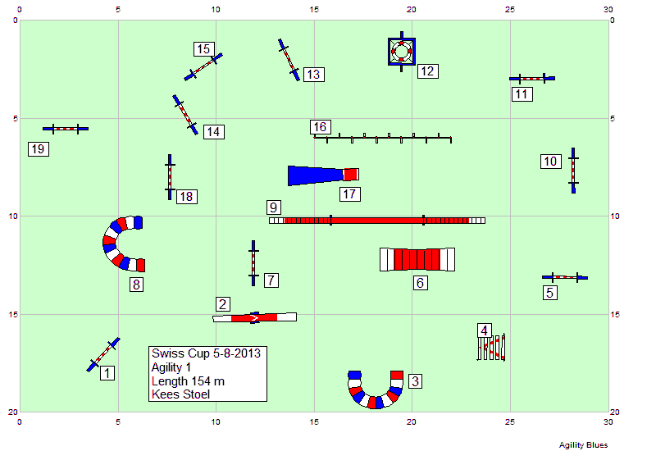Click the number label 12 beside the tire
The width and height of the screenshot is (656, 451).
(x=427, y=71)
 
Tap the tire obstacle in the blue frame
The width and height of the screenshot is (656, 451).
(x=402, y=52)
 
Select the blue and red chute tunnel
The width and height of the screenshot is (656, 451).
(x=323, y=175)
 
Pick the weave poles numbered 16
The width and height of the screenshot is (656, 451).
(x=382, y=138)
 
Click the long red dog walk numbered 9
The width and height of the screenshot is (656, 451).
(x=377, y=220)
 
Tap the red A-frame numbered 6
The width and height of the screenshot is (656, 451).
(x=417, y=259)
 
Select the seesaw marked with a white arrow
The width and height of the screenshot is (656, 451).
(x=254, y=317)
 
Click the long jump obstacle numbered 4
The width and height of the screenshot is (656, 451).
(x=491, y=347)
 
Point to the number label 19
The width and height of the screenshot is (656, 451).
(x=39, y=149)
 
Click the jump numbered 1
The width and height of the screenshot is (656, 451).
(x=103, y=354)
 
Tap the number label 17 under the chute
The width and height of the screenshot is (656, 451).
(x=350, y=194)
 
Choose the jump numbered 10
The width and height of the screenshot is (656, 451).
(x=573, y=171)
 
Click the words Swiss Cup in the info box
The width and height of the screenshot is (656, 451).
(x=180, y=353)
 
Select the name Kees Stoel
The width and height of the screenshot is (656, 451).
(x=180, y=394)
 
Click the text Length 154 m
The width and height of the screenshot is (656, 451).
(x=188, y=381)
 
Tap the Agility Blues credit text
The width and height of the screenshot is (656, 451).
(x=583, y=445)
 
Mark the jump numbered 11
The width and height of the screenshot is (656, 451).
(x=531, y=78)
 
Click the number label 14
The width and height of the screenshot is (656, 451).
(x=214, y=132)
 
